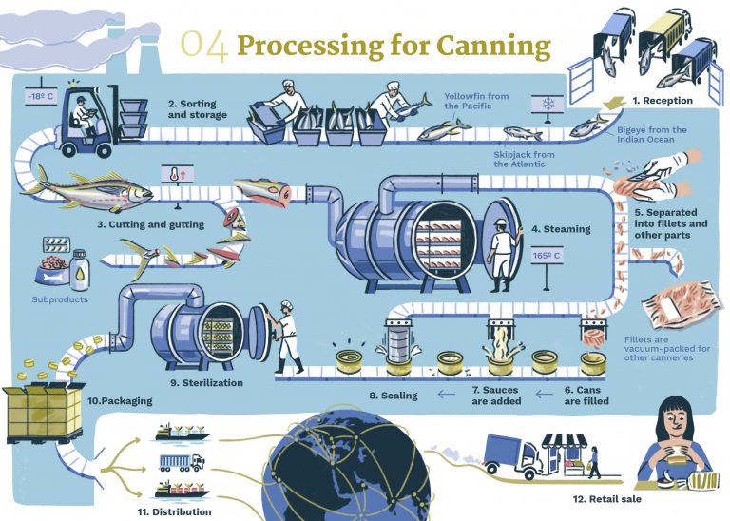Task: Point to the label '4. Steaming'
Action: pos(560,228)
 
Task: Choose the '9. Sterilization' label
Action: pos(206,383)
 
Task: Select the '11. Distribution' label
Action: pos(177,511)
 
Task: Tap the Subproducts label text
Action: pos(60,299)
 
